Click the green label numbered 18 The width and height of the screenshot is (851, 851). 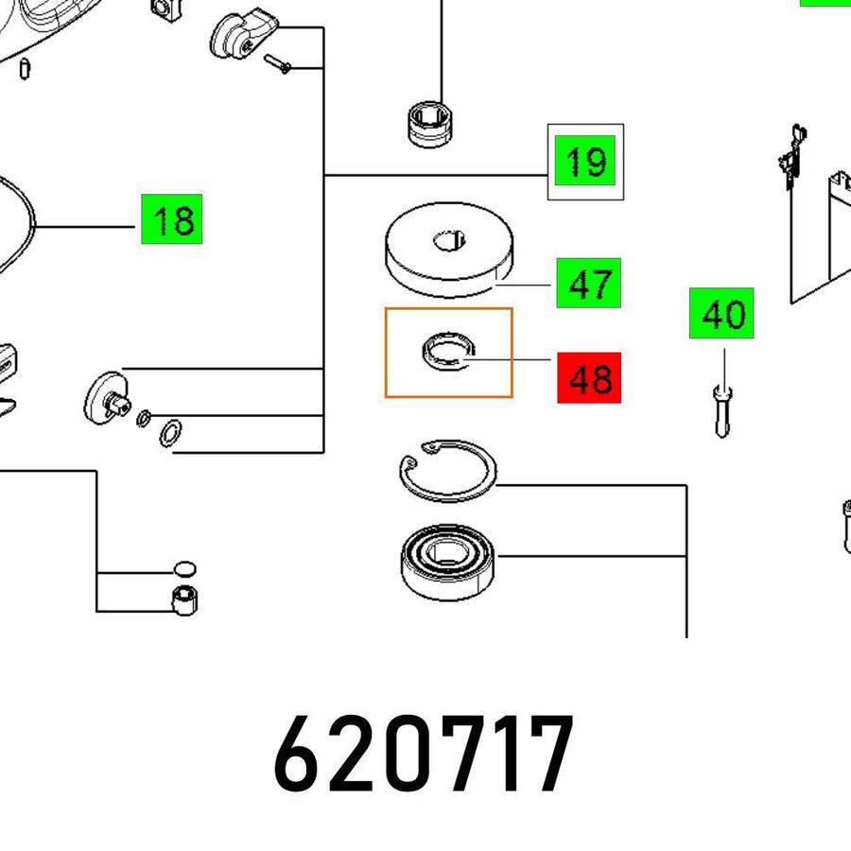point(171,218)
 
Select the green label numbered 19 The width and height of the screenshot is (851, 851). point(585,160)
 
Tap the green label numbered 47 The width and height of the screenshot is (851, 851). point(589,283)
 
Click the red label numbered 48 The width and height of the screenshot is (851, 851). point(589,377)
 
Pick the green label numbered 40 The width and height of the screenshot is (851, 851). point(721,313)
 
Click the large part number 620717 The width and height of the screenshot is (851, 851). point(424,754)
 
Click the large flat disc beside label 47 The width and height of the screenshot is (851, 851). point(449,250)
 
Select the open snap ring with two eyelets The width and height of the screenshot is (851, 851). point(448,471)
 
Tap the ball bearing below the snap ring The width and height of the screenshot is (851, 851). point(448,562)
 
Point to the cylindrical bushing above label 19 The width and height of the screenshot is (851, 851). point(429,124)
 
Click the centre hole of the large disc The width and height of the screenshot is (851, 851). point(449,240)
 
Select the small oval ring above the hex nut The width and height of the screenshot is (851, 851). point(184,569)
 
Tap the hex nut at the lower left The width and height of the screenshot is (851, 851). point(184,600)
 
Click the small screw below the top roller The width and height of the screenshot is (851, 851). point(277,63)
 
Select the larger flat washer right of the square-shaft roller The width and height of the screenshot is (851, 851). point(170,433)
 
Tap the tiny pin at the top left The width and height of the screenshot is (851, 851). point(25,69)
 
